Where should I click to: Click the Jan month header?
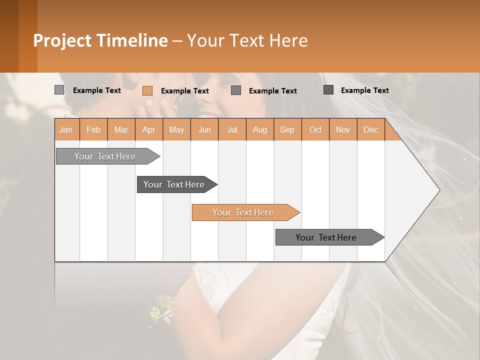pos(66,129)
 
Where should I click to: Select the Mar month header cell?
pos(121,129)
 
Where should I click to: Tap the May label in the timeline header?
pos(176,129)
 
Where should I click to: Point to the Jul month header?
pos(232,129)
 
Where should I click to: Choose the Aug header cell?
pos(259,129)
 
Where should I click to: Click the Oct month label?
pos(315,129)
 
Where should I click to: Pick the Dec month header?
pos(370,129)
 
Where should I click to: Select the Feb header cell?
pos(93,129)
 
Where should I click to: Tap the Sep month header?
pos(287,129)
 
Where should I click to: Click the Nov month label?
pos(342,129)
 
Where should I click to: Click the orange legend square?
pos(147,90)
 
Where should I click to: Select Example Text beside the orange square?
pos(184,91)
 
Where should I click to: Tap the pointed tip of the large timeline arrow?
pos(438,190)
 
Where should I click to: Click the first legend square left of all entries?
pos(59,90)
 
